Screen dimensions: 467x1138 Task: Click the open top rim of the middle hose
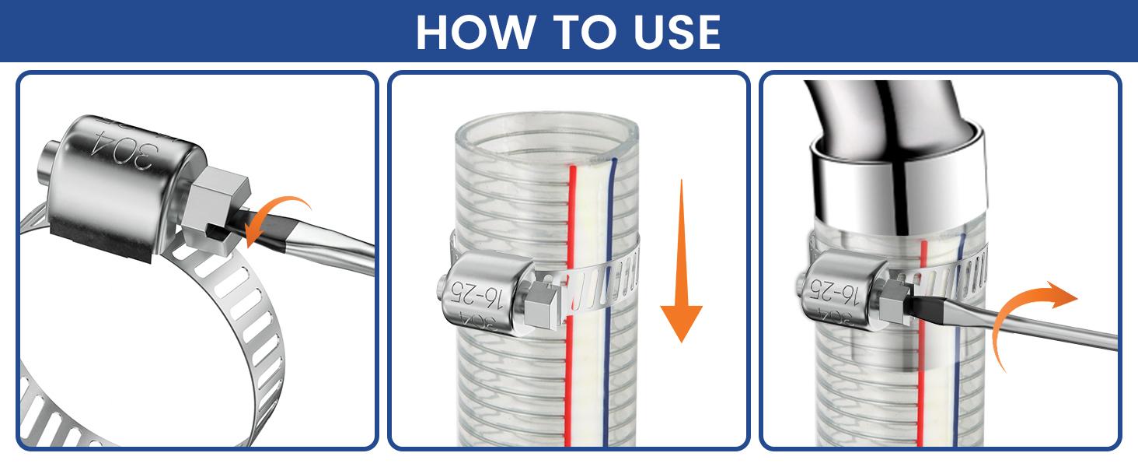coord(547,128)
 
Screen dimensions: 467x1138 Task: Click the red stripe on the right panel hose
coord(923,374)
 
